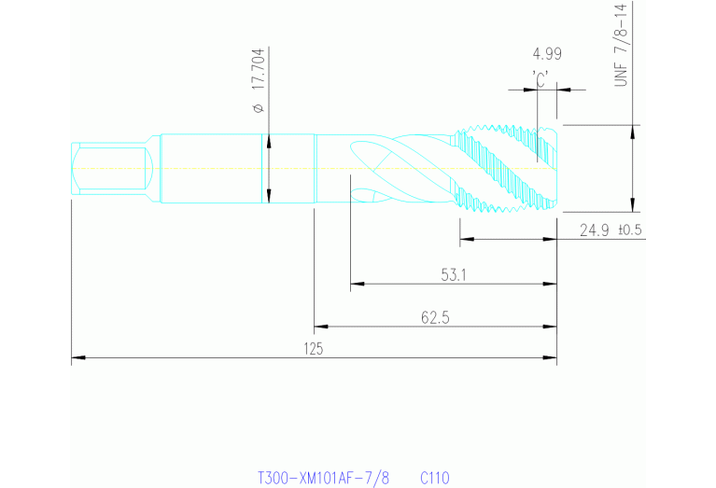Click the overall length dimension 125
tap(313, 348)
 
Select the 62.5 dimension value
tap(435, 317)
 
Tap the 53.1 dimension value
tap(454, 274)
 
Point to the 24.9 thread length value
tap(595, 230)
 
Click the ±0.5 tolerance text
tap(630, 230)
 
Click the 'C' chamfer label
tap(539, 79)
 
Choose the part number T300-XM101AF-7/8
tap(323, 478)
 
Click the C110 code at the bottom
tap(435, 478)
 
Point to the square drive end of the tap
tap(107, 169)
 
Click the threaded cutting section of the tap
tap(509, 168)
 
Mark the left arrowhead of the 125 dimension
tap(77, 357)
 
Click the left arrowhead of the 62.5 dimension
tap(319, 327)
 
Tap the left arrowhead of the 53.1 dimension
tap(355, 284)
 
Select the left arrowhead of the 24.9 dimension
tap(466, 240)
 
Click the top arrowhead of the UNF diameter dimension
tap(634, 129)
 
